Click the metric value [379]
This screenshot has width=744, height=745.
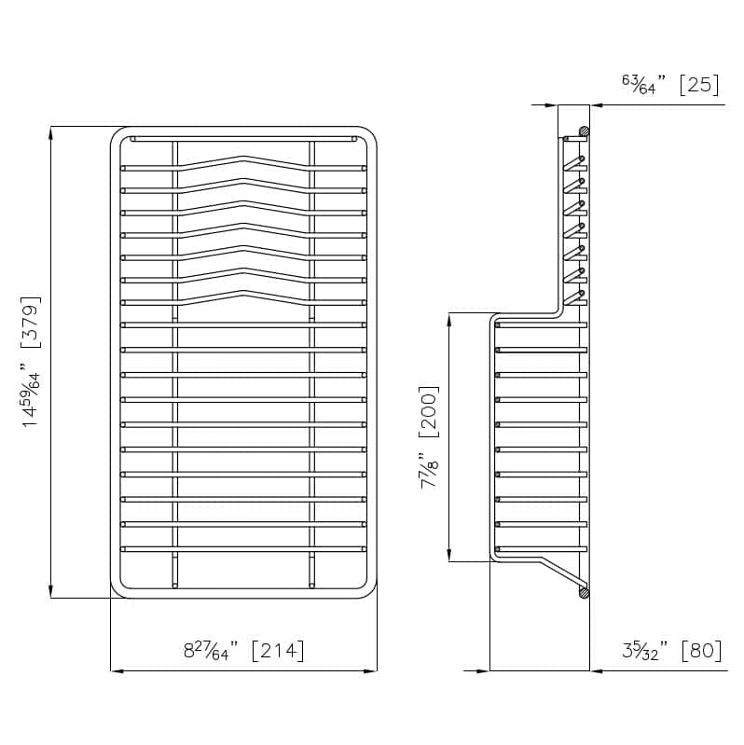pos(32,323)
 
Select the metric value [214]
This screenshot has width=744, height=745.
pos(278,651)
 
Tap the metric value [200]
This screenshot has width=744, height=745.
pos(429,412)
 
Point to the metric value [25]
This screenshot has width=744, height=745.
pos(699,85)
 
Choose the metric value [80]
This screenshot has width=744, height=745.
pos(701,651)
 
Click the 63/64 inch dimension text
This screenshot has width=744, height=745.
pos(643,84)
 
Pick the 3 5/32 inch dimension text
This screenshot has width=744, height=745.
pos(644,651)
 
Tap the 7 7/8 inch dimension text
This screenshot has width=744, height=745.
pos(429,470)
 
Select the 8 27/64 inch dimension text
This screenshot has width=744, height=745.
pos(211,651)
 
